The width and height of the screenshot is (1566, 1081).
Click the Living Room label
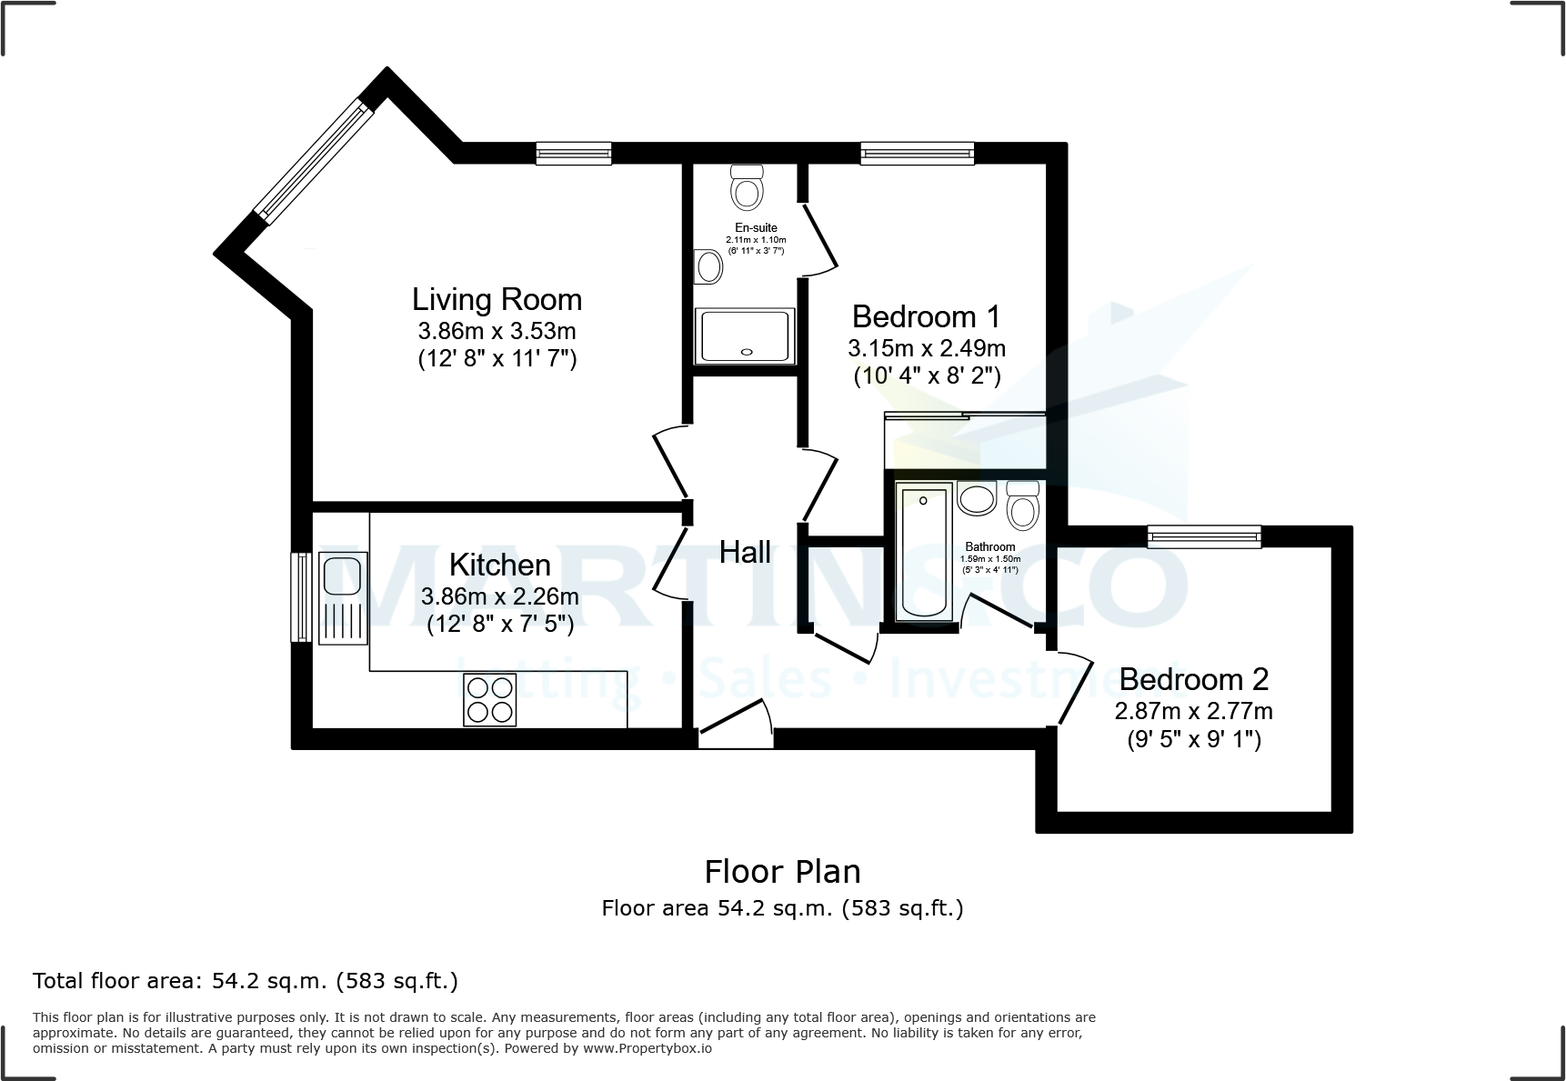tap(497, 299)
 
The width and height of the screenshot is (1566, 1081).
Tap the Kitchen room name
tap(500, 565)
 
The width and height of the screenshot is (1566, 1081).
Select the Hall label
tap(745, 552)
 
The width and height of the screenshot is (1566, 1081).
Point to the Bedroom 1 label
tap(926, 316)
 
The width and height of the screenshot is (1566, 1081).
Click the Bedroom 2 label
tap(1193, 679)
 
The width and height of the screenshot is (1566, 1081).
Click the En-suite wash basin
tap(708, 267)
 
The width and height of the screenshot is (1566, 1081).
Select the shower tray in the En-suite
tap(745, 335)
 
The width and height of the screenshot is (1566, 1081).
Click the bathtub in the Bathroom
tap(923, 552)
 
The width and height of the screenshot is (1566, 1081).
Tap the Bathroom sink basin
tap(978, 498)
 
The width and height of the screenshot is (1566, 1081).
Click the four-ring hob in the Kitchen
tap(490, 699)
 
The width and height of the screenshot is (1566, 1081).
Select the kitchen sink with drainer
tap(343, 597)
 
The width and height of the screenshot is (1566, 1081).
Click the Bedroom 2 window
tap(1204, 536)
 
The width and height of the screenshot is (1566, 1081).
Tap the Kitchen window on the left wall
tap(301, 596)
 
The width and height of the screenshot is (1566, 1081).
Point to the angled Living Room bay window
tap(313, 163)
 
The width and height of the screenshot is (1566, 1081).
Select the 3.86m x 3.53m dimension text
tap(497, 331)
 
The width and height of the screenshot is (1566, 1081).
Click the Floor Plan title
tap(782, 872)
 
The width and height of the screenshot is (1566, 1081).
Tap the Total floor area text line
tap(246, 981)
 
